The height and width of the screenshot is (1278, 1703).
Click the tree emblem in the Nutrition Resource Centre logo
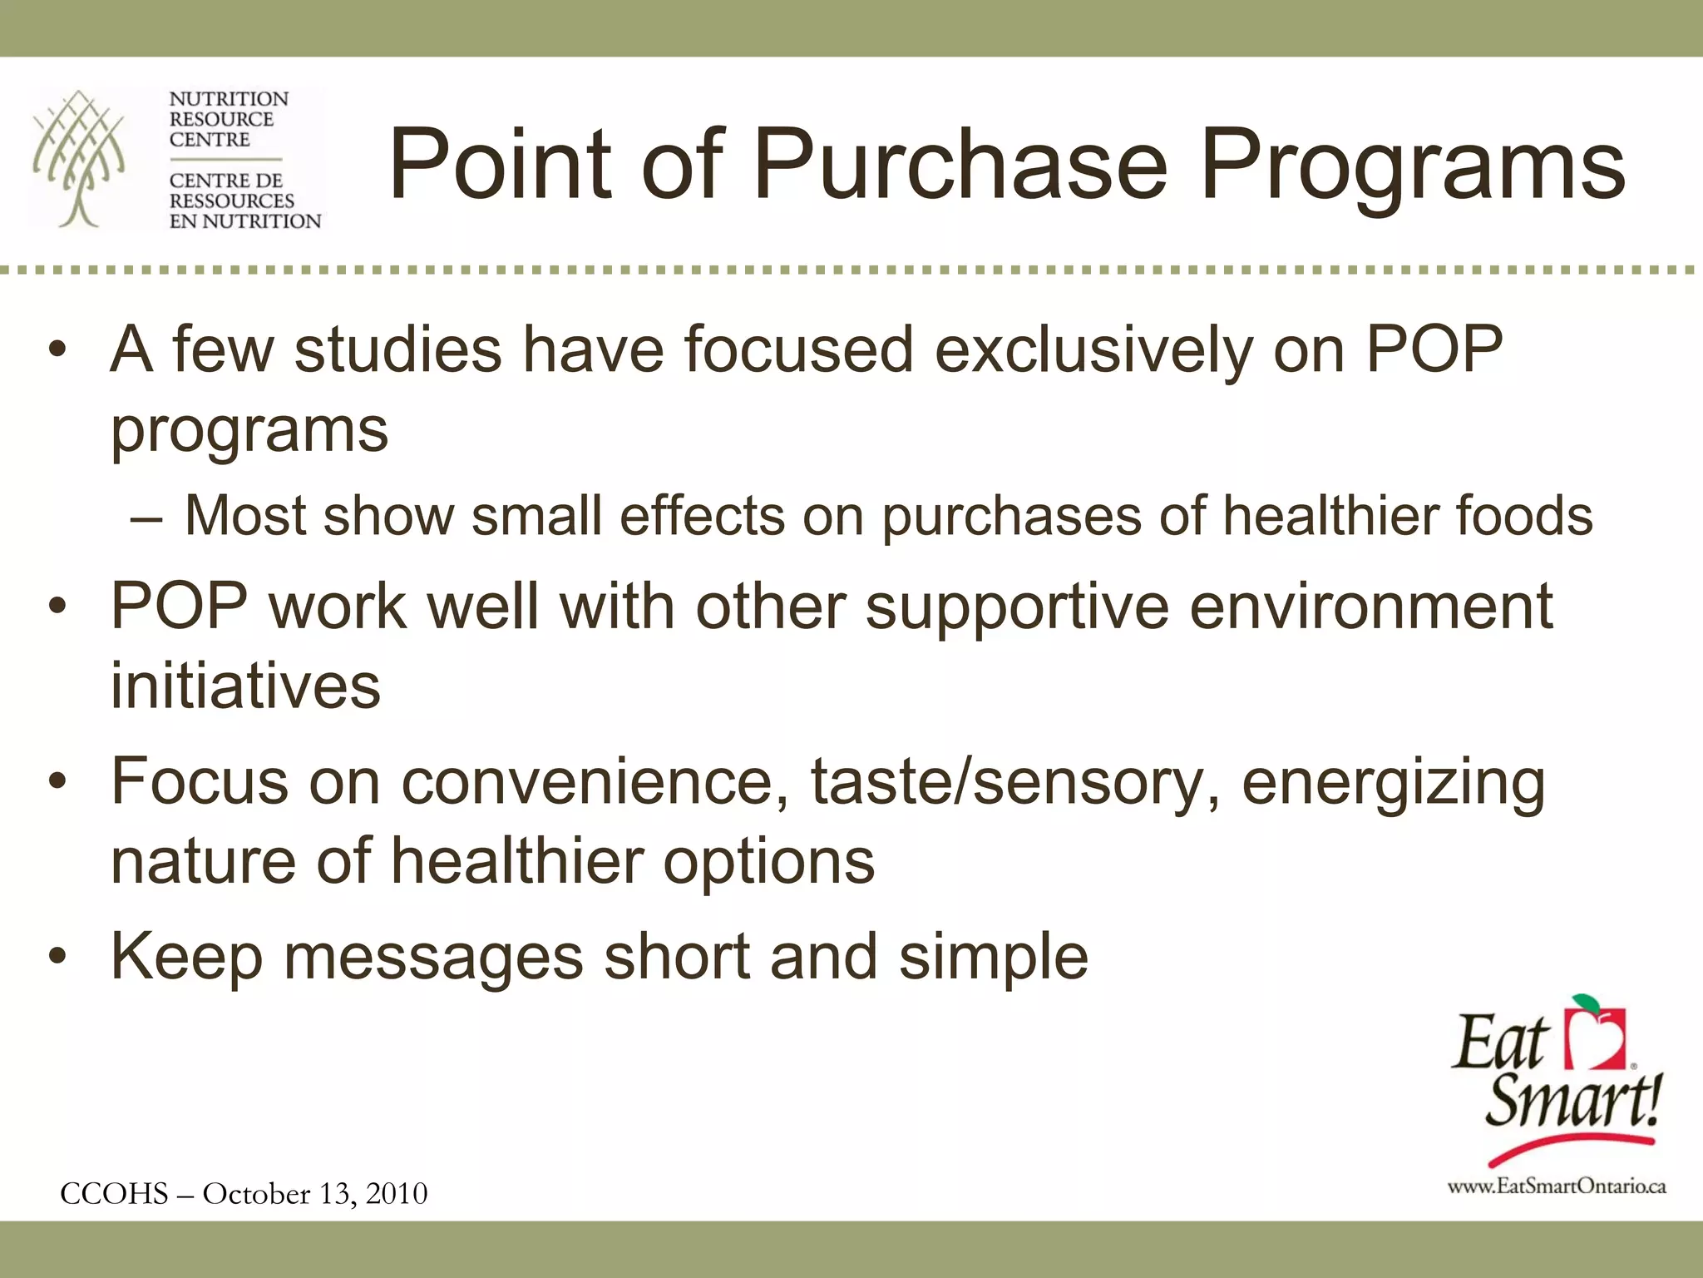(x=79, y=158)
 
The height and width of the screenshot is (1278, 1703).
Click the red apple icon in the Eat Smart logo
(x=1595, y=1036)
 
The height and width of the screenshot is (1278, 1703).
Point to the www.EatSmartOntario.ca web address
(x=1557, y=1186)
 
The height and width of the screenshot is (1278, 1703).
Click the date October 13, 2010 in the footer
(x=315, y=1194)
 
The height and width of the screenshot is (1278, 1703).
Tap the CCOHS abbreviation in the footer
(x=114, y=1194)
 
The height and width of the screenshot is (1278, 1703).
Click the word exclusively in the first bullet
(x=1093, y=349)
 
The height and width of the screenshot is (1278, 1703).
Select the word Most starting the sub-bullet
(x=245, y=515)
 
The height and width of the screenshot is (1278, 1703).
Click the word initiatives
(x=245, y=686)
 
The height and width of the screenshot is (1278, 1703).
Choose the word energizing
(x=1393, y=782)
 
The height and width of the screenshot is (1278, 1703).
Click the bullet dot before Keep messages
(x=57, y=957)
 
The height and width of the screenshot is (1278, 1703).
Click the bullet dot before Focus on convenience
(x=57, y=782)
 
